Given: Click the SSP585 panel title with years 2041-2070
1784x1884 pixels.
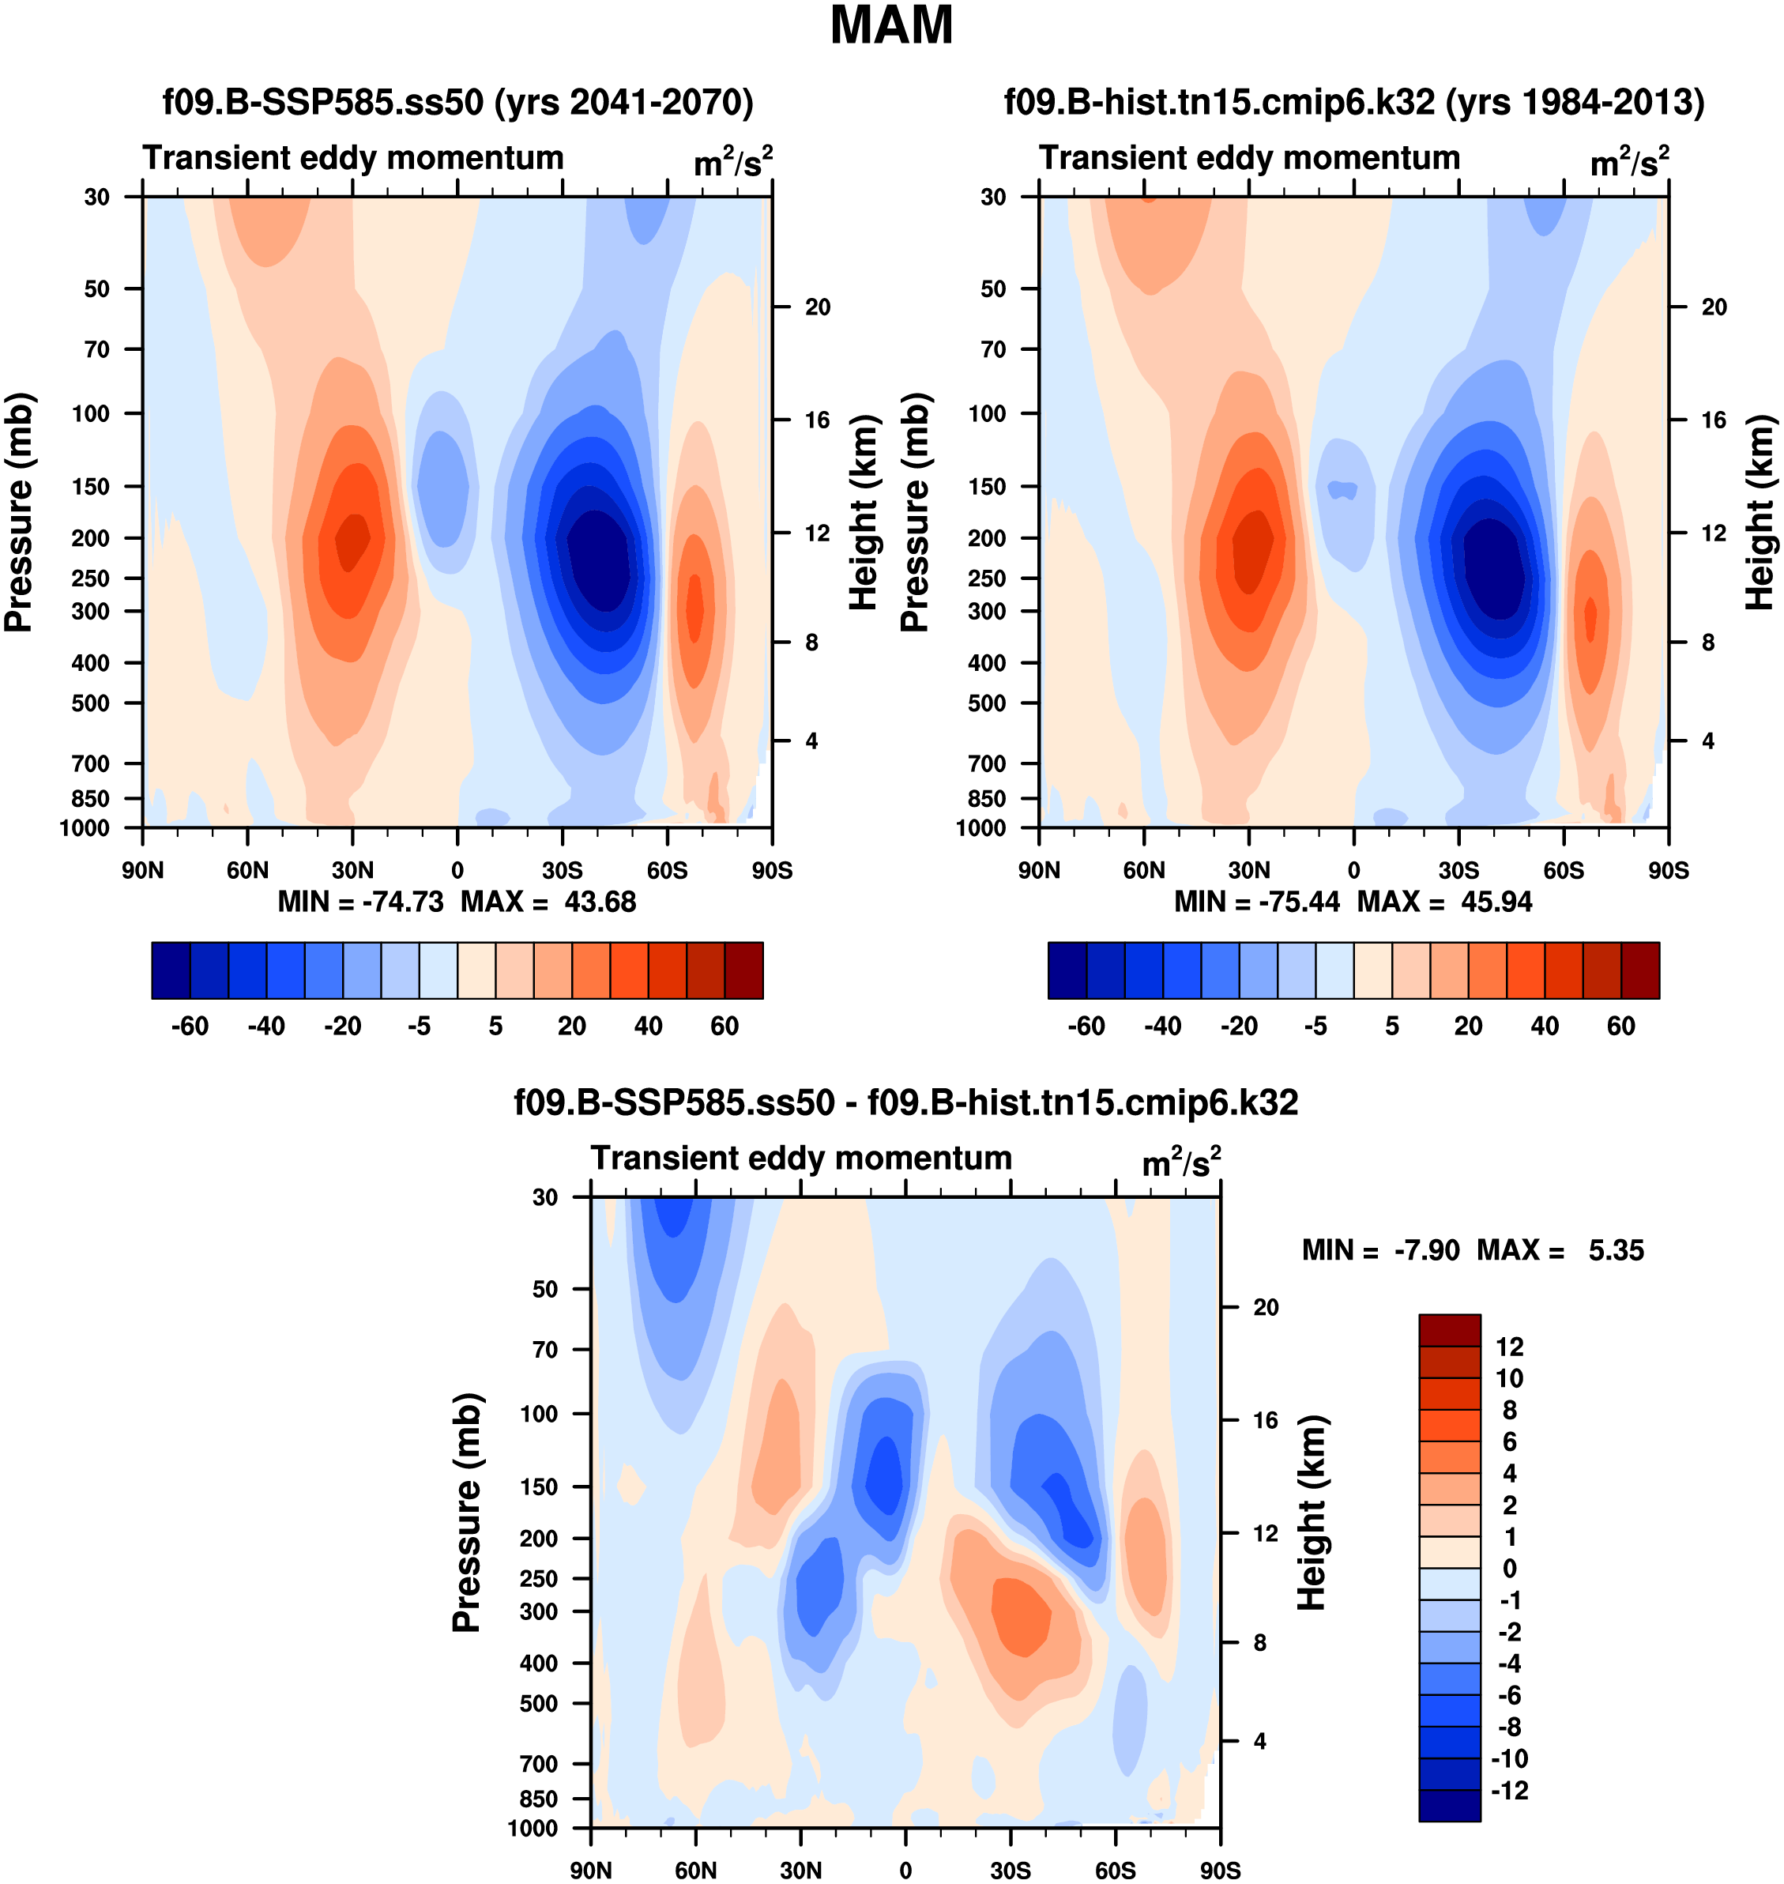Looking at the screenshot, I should click(457, 102).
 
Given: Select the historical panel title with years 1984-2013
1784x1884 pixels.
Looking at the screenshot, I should click(1353, 102).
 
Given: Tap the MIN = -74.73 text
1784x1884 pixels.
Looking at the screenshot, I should click(360, 902).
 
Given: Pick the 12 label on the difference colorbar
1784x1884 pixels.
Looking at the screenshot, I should click(1509, 1347).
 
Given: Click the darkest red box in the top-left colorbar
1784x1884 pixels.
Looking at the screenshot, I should click(743, 970).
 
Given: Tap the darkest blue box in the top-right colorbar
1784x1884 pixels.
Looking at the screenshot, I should click(1067, 970).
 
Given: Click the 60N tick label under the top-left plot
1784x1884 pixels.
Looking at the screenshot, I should click(247, 870).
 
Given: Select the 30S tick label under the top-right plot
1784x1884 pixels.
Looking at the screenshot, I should click(1458, 870).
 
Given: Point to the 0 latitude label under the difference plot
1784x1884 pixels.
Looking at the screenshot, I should click(905, 1871).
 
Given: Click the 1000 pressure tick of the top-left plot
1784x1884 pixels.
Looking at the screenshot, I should click(85, 827).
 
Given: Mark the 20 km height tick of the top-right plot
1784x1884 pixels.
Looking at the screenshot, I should click(1714, 307).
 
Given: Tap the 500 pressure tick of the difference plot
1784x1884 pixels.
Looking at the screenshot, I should click(539, 1703).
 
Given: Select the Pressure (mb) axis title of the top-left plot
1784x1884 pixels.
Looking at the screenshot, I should click(19, 513).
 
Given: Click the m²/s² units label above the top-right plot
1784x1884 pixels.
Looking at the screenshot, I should click(1629, 162).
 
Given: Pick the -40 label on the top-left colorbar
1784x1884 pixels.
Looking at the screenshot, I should click(266, 1027).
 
